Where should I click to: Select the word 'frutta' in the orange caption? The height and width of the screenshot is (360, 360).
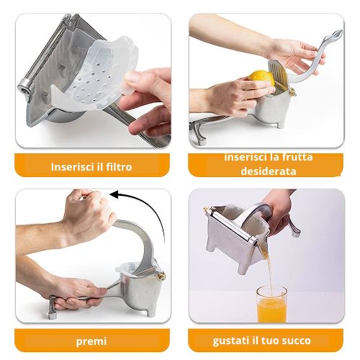coord(297,157)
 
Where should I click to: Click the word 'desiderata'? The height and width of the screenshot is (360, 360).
coord(269,171)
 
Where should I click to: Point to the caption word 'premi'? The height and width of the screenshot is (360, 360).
coord(91,341)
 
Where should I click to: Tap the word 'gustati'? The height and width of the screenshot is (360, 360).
coord(230,341)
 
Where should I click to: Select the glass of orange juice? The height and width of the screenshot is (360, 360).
coord(271,304)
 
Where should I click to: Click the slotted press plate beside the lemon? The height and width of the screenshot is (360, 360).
coord(279,72)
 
